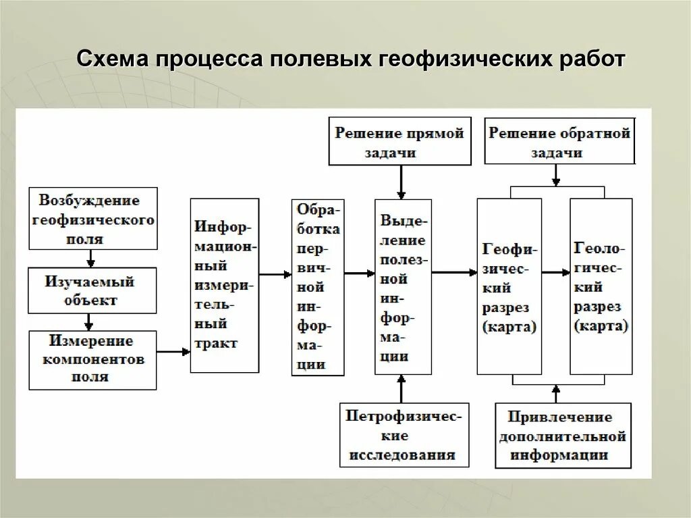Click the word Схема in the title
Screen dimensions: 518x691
(113, 59)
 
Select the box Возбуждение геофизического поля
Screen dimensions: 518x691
(93, 219)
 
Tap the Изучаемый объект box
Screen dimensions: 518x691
(92, 290)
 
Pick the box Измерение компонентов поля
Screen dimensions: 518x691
(92, 359)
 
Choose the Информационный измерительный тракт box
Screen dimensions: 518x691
(225, 285)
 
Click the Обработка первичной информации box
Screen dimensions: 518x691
(318, 286)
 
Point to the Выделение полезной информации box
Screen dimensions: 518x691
(403, 286)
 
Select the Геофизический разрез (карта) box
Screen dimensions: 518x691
(509, 286)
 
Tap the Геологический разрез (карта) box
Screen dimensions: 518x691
(601, 286)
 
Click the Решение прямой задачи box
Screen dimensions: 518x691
(399, 141)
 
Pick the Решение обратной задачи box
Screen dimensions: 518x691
(559, 141)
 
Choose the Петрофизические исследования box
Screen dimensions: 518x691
(404, 435)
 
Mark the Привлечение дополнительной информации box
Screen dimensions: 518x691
(563, 436)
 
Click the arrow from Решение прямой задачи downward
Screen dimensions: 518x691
(401, 182)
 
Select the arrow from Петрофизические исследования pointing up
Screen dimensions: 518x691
(402, 390)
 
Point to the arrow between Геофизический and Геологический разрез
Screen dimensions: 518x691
(555, 272)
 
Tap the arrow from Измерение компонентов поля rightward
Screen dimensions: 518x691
(173, 351)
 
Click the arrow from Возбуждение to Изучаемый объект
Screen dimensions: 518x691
(91, 259)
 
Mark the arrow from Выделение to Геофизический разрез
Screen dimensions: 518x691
(454, 272)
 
